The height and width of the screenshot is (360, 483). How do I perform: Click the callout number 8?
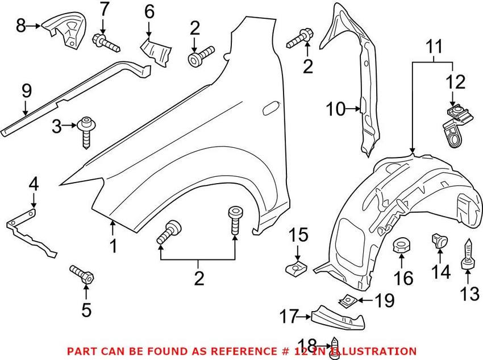20,26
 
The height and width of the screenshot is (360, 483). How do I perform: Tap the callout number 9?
26,91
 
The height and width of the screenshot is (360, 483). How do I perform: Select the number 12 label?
456,82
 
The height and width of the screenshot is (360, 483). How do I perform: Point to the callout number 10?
336,109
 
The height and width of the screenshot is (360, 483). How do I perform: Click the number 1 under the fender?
114,246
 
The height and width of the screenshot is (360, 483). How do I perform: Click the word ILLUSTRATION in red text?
370,351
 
